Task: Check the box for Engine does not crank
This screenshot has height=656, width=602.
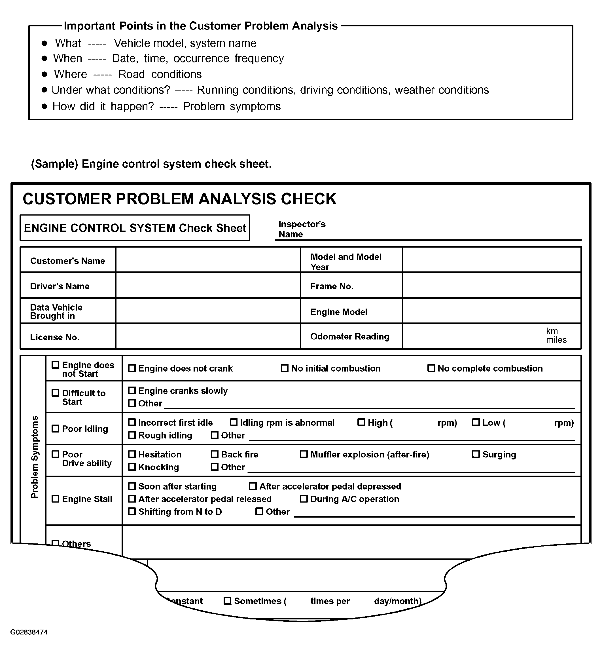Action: coord(132,368)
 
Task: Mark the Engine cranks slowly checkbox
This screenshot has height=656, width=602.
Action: coord(132,390)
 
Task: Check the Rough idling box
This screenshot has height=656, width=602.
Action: coord(132,435)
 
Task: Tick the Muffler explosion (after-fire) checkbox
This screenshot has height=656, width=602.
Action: coord(304,454)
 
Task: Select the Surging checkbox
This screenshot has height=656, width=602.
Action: coord(476,454)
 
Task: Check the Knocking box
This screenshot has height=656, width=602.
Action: coord(132,467)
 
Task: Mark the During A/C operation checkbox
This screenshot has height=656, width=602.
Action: coord(304,499)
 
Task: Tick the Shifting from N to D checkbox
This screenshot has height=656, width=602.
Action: coord(132,511)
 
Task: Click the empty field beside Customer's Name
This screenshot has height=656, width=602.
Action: coord(208,260)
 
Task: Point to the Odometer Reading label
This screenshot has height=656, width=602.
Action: coord(349,336)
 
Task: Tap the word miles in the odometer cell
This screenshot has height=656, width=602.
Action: coord(556,340)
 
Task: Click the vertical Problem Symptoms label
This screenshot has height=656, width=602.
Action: coord(35,457)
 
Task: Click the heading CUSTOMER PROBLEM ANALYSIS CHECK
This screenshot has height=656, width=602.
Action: coord(179,199)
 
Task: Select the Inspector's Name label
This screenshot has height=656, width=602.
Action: coord(302,229)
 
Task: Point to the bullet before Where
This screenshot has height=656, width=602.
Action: coord(44,74)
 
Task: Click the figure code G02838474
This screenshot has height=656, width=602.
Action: coord(29,632)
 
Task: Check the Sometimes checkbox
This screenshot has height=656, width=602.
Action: coord(227,601)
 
